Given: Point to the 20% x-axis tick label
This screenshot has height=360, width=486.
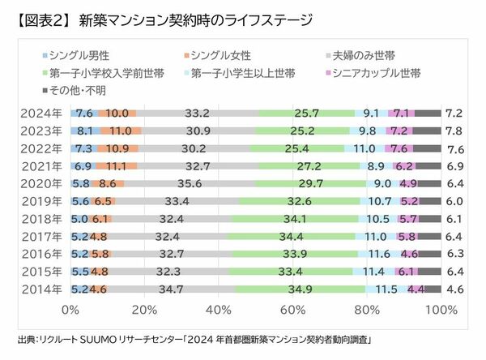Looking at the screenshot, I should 144,310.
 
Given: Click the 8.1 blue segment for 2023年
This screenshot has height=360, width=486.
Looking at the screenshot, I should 85,131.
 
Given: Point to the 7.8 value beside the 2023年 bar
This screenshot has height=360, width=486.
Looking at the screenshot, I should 454,131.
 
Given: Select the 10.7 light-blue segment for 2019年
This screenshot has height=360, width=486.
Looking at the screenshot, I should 379,200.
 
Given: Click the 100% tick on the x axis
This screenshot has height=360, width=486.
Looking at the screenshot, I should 441,310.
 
